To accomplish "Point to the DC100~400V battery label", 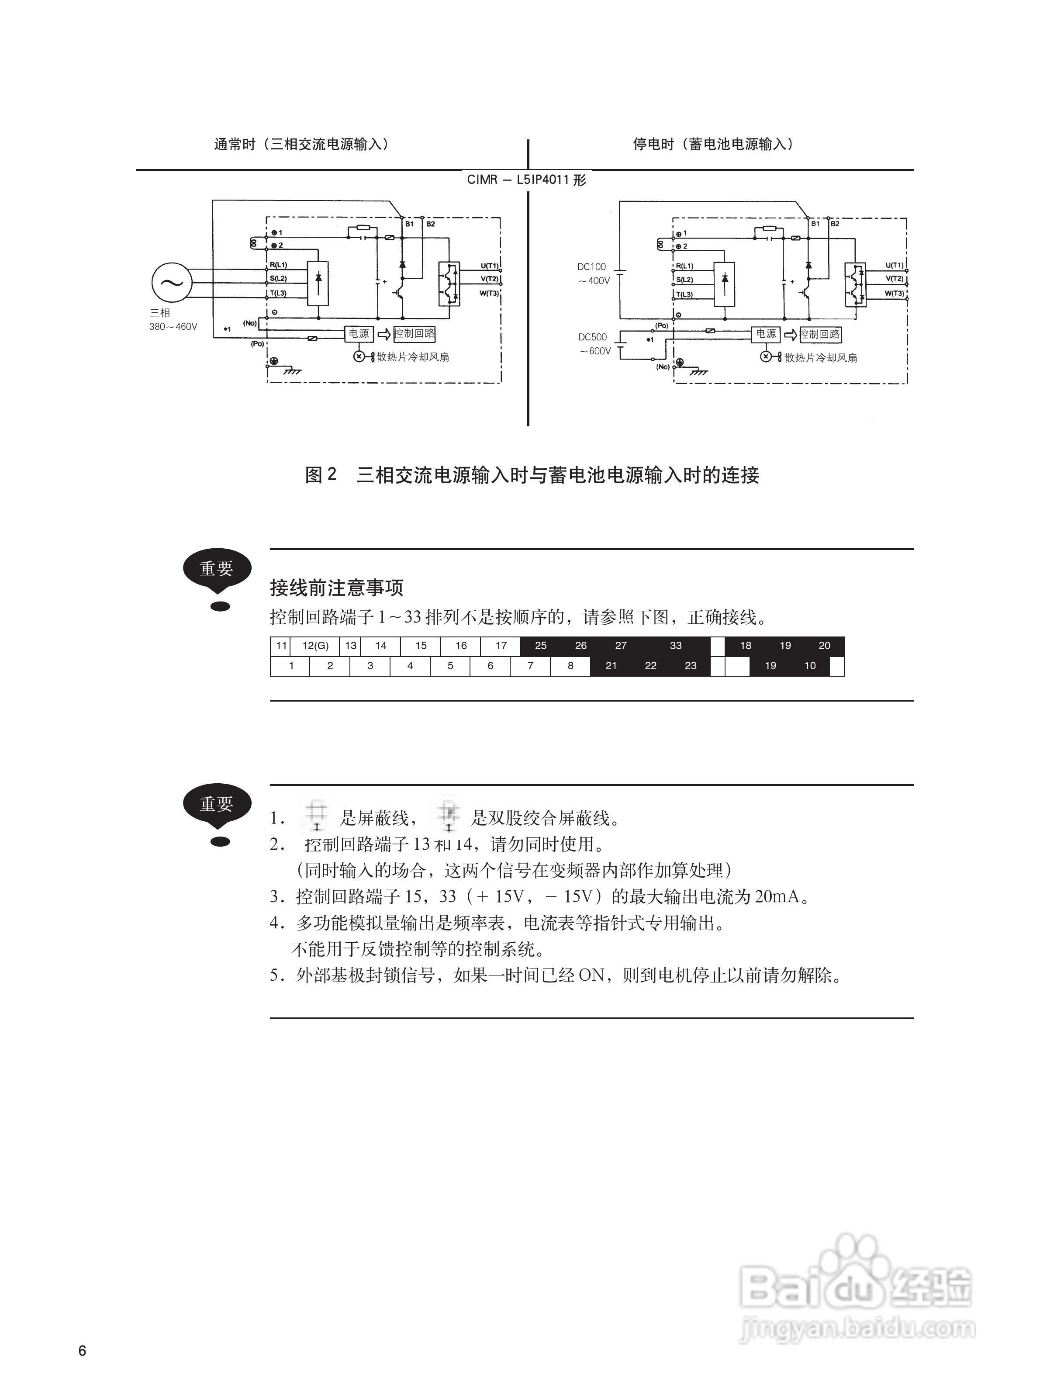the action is pyautogui.click(x=593, y=273).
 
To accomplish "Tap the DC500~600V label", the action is pyautogui.click(x=594, y=344).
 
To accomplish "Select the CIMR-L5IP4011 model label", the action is pyautogui.click(x=527, y=180).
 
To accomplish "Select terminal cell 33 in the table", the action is pyautogui.click(x=675, y=646).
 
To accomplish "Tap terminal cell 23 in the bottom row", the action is pyautogui.click(x=690, y=666).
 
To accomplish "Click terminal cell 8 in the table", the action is pyautogui.click(x=570, y=666).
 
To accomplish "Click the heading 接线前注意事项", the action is pyautogui.click(x=337, y=588).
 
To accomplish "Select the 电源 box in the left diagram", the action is pyautogui.click(x=359, y=334).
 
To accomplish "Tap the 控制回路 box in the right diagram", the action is pyautogui.click(x=820, y=334).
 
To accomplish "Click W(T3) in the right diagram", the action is pyautogui.click(x=894, y=294).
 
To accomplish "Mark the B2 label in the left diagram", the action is pyautogui.click(x=431, y=224).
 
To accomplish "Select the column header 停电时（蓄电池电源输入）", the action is pyautogui.click(x=713, y=144).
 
